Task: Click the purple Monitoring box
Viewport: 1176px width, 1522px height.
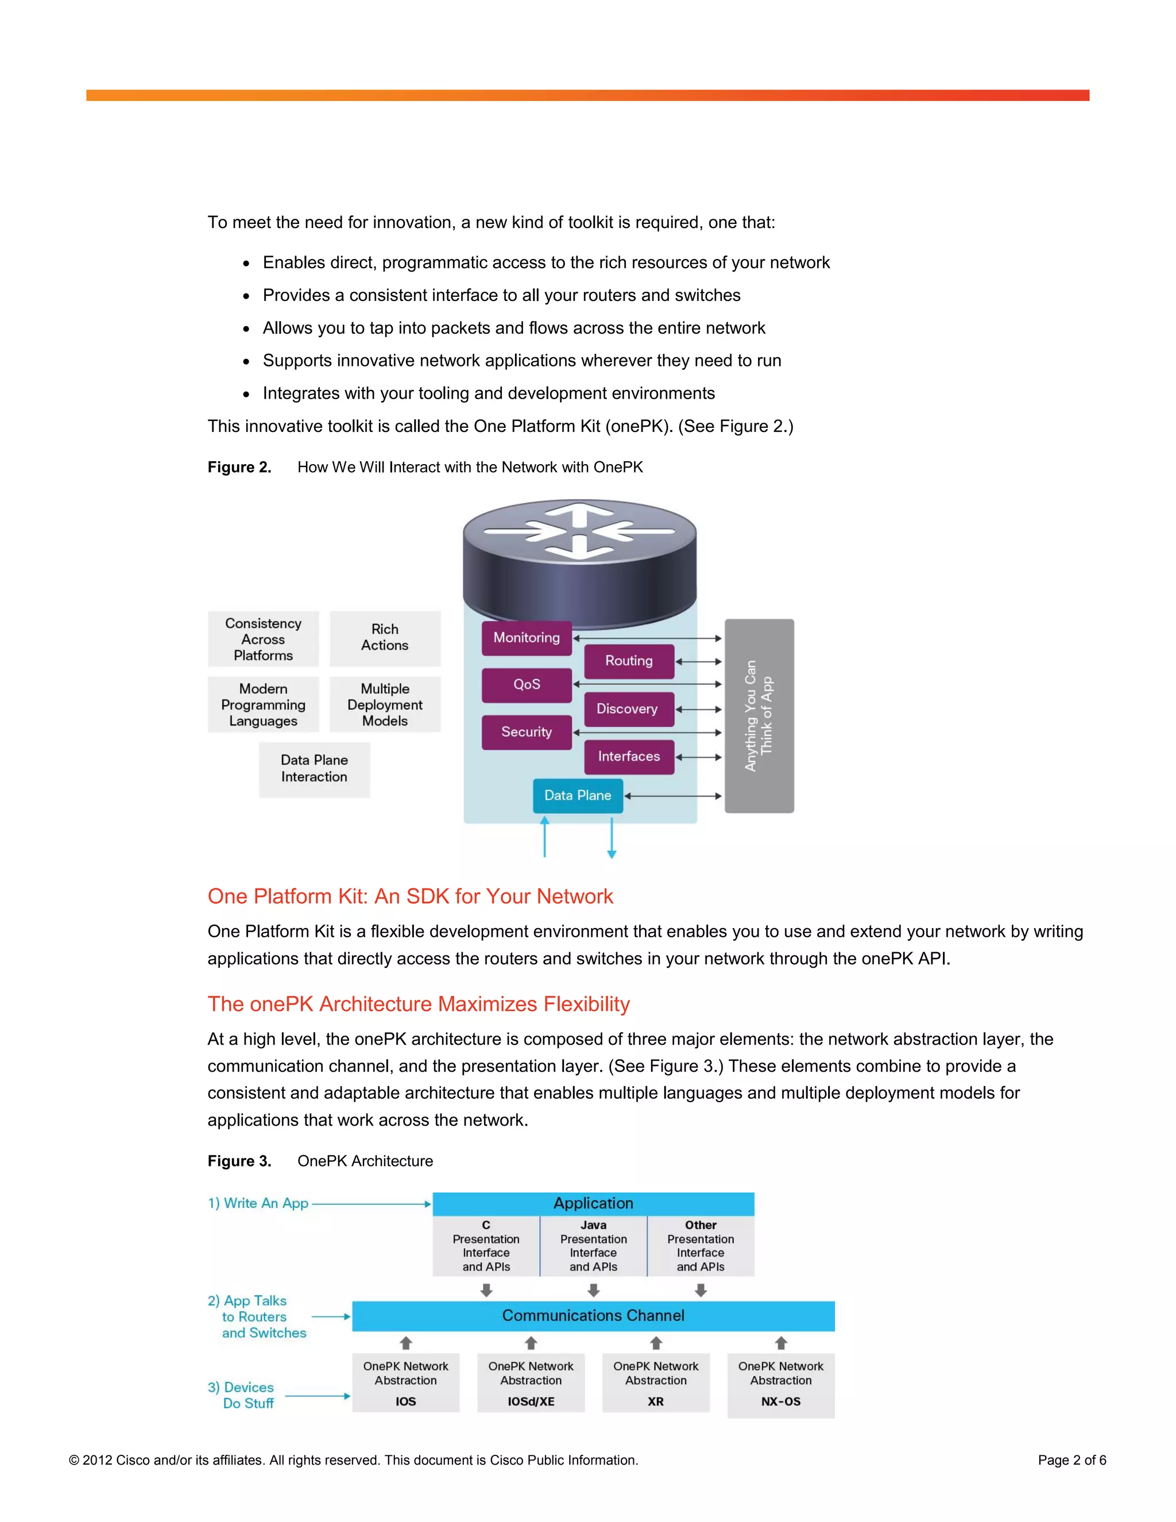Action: (526, 638)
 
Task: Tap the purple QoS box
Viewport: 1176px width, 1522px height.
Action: (526, 685)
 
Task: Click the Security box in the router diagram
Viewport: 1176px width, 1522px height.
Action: (526, 732)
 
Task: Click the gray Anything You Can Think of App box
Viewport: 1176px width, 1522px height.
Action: (759, 716)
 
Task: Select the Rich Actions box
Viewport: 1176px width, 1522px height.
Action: (385, 638)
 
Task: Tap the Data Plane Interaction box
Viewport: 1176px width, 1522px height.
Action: (314, 768)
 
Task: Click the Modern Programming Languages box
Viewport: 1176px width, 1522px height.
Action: (264, 705)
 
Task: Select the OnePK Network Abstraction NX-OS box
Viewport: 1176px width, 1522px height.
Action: (780, 1384)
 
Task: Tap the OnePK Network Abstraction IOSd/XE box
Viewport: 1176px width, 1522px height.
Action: (531, 1384)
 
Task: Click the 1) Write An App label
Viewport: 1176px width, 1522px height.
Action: (258, 1203)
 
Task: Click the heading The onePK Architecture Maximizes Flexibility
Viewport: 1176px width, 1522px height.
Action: (419, 1004)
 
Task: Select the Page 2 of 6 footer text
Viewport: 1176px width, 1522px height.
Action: (1071, 1460)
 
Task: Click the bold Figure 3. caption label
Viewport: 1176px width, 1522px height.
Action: (239, 1161)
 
